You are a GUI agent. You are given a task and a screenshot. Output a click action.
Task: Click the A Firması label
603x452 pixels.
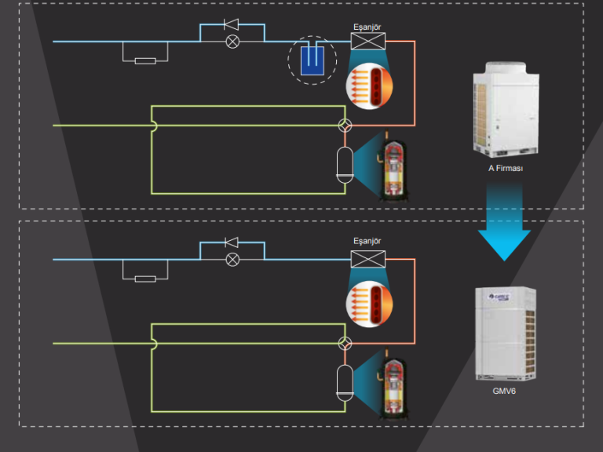coord(505,169)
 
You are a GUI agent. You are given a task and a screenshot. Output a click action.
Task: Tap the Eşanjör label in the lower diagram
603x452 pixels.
coord(367,242)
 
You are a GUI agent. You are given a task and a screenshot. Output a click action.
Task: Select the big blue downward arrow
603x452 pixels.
coord(504,222)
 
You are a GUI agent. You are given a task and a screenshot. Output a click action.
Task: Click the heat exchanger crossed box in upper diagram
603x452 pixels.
coord(368,41)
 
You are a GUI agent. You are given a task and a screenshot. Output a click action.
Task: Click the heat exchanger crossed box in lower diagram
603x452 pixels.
coord(368,259)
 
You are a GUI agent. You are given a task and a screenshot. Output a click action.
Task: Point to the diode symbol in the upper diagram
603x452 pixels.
coord(232,24)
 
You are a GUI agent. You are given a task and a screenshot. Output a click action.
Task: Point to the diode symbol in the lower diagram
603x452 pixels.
coord(232,242)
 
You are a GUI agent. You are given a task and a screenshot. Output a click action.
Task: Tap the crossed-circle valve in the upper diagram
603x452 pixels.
coord(232,42)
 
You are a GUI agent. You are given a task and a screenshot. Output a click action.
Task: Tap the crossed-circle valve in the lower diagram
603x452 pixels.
coord(232,260)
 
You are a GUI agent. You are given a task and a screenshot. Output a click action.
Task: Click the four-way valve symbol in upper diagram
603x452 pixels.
coord(344,126)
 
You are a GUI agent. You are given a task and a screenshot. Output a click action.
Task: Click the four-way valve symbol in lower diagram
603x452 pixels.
coord(344,344)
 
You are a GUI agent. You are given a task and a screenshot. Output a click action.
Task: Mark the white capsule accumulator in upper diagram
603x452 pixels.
coord(344,165)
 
